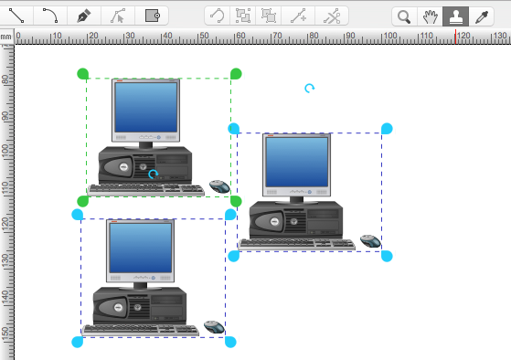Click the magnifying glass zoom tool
coord(404,16)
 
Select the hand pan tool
coord(430,16)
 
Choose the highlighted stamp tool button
coord(455,16)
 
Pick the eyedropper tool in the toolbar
coord(482,16)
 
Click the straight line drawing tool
coord(16,16)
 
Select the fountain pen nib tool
coord(84,16)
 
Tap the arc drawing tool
coord(50,16)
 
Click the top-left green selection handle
coord(83,74)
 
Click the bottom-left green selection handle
coord(83,201)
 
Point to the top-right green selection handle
coord(236,74)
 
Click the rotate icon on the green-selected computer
coord(153,175)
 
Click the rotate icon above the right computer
coord(309,89)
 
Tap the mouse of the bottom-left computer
coord(215,327)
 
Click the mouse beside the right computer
coord(371,241)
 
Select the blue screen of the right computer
coord(297,162)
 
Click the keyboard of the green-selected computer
coord(146,190)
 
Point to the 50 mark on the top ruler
coord(205,36)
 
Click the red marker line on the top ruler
coord(455,37)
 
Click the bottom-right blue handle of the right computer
coord(387,256)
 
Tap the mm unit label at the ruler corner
coord(5,37)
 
